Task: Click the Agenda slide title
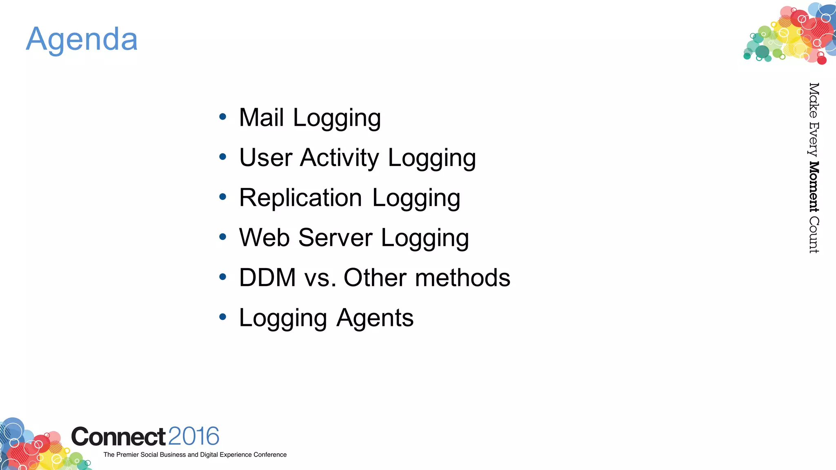[82, 40]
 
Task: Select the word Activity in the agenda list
[339, 158]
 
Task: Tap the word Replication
[300, 198]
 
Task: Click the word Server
[335, 237]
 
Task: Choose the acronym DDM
[267, 278]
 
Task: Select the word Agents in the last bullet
[375, 318]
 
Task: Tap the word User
[266, 158]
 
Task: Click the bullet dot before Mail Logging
[222, 117]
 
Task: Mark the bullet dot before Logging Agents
[222, 317]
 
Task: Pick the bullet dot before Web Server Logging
[222, 237]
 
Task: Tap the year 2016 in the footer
[193, 436]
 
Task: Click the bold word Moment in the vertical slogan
[814, 187]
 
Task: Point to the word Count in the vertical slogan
[814, 235]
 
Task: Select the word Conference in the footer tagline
[270, 454]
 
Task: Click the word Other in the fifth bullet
[375, 278]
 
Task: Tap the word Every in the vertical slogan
[814, 139]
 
